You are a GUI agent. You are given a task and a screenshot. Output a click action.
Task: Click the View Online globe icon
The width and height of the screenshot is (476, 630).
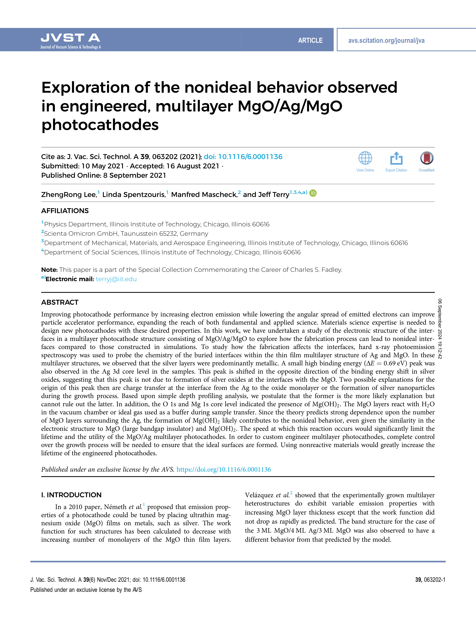coord(365,158)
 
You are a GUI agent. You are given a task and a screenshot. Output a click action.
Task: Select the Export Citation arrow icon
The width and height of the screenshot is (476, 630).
coord(396,158)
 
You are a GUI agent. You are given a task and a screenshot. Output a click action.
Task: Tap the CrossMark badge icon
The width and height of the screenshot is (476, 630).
coord(426,158)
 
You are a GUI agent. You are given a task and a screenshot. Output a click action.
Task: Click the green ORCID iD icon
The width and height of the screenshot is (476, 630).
coord(313,193)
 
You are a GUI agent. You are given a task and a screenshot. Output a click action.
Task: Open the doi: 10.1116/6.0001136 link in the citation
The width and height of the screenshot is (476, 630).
coord(243,157)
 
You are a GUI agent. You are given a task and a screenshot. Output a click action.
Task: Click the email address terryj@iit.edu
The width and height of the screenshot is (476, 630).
coord(116,279)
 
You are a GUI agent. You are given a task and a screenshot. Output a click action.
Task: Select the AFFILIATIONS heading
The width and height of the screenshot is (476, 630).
coord(65,211)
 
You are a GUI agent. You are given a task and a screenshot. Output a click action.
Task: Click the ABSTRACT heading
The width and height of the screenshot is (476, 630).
coord(60,302)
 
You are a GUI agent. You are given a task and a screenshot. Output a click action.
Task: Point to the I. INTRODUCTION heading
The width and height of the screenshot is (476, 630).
coord(71,495)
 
